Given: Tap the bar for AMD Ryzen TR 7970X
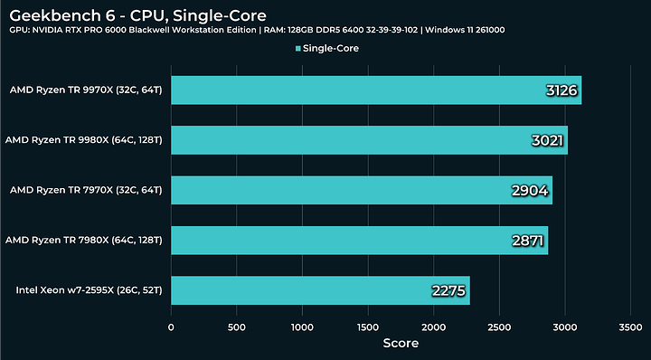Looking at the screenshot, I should [x=361, y=190].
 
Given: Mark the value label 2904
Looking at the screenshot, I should [x=529, y=190].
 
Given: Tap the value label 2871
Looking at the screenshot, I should [x=525, y=241].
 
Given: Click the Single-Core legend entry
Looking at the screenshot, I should [x=326, y=48].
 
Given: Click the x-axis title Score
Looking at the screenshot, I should [x=401, y=344].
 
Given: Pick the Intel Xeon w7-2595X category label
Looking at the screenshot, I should [x=89, y=290].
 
